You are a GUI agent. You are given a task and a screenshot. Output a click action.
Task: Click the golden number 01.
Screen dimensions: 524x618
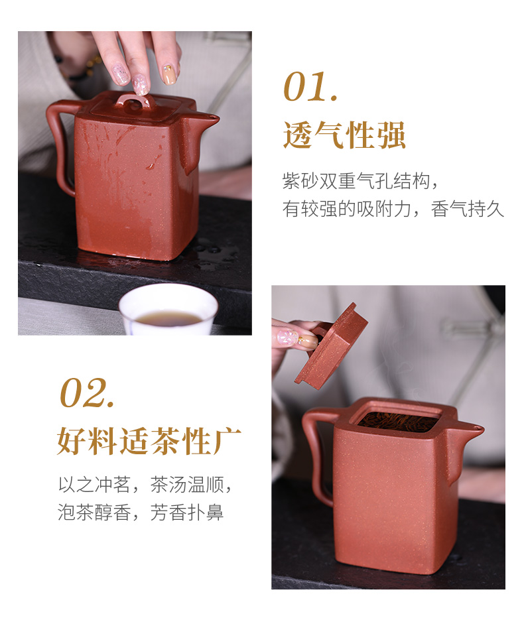point(310,87)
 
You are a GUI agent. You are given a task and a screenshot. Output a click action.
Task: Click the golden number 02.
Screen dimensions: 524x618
point(87,393)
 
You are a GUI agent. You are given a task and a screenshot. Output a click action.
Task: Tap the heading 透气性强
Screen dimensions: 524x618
point(344,135)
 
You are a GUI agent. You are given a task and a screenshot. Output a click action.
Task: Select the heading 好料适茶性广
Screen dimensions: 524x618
point(149,441)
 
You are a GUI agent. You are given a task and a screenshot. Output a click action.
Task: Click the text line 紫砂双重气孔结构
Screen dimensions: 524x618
point(360,181)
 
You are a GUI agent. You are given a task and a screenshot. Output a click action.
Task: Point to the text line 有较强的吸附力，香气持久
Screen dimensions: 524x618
point(393,209)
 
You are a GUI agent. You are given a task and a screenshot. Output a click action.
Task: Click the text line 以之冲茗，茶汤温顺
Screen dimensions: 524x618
point(145,485)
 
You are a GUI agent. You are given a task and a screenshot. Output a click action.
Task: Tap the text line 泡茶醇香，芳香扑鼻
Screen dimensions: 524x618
point(141,513)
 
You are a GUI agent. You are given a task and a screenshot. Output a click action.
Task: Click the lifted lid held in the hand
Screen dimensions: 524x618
point(331,347)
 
